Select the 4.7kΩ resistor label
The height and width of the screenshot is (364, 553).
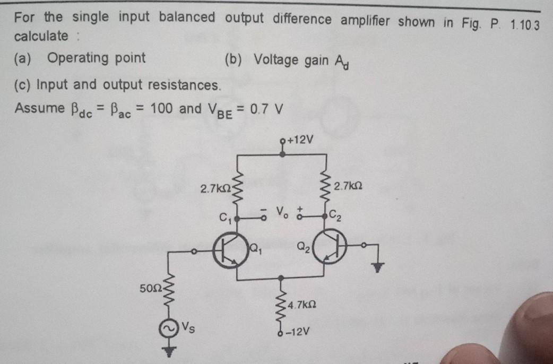301,305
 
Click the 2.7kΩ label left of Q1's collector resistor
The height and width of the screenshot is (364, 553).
213,188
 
